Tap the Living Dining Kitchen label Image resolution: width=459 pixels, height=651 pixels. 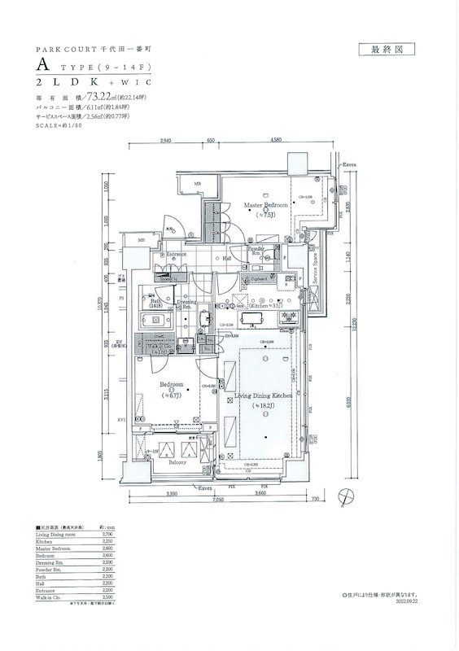[x=261, y=395]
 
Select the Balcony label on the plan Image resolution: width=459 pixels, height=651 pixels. [x=177, y=463]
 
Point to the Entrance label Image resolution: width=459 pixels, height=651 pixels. [x=177, y=255]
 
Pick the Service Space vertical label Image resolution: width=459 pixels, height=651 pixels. [x=315, y=267]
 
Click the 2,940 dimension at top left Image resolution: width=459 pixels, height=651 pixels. [x=165, y=140]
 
